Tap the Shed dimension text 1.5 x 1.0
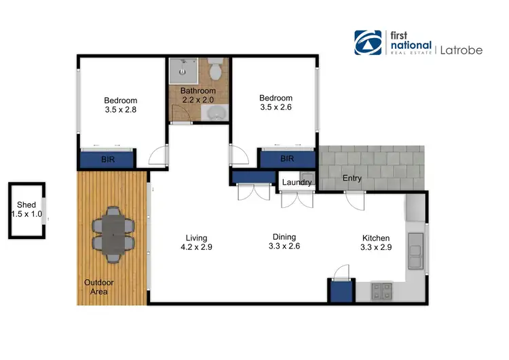(x=26, y=214)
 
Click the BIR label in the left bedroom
(x=108, y=160)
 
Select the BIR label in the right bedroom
(x=287, y=159)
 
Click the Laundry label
(x=297, y=182)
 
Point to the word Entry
(x=352, y=179)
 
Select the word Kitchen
(x=375, y=238)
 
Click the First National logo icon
(x=368, y=42)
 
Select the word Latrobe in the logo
(x=462, y=49)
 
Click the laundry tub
(x=307, y=181)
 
